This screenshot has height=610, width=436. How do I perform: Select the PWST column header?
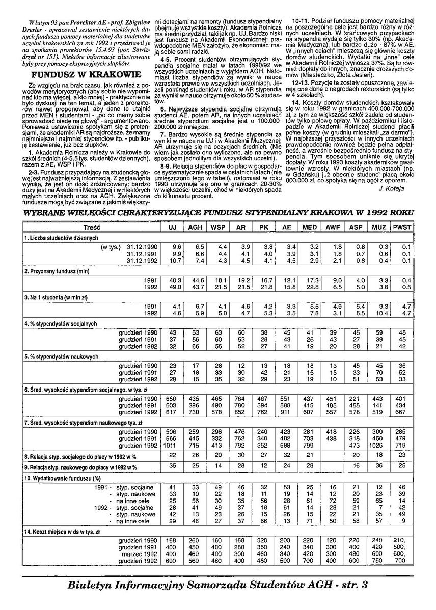[402, 226]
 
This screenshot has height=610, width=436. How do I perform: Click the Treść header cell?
[92, 226]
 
